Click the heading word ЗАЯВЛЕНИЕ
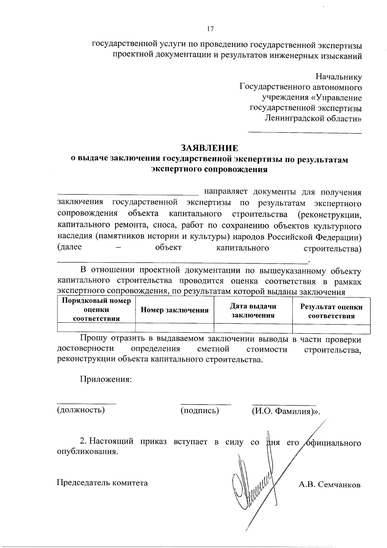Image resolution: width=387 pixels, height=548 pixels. coord(210,148)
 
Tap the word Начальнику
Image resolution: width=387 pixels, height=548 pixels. coord(338,77)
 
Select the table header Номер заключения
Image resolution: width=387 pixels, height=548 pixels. coord(174,310)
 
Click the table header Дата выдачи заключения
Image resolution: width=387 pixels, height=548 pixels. coord(253,310)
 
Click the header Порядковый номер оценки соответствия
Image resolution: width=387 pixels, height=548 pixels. coord(96,310)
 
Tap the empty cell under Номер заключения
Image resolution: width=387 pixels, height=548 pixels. coord(174,328)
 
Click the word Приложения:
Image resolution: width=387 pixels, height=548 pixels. coord(106,379)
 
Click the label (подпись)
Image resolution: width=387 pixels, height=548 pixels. coord(200,410)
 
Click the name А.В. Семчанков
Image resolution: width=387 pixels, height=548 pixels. coord(329,485)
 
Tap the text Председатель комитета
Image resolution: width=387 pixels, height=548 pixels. coord(102,483)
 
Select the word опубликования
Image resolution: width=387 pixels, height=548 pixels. coord(86,452)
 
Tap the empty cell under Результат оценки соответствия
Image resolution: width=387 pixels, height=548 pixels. coord(331,328)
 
